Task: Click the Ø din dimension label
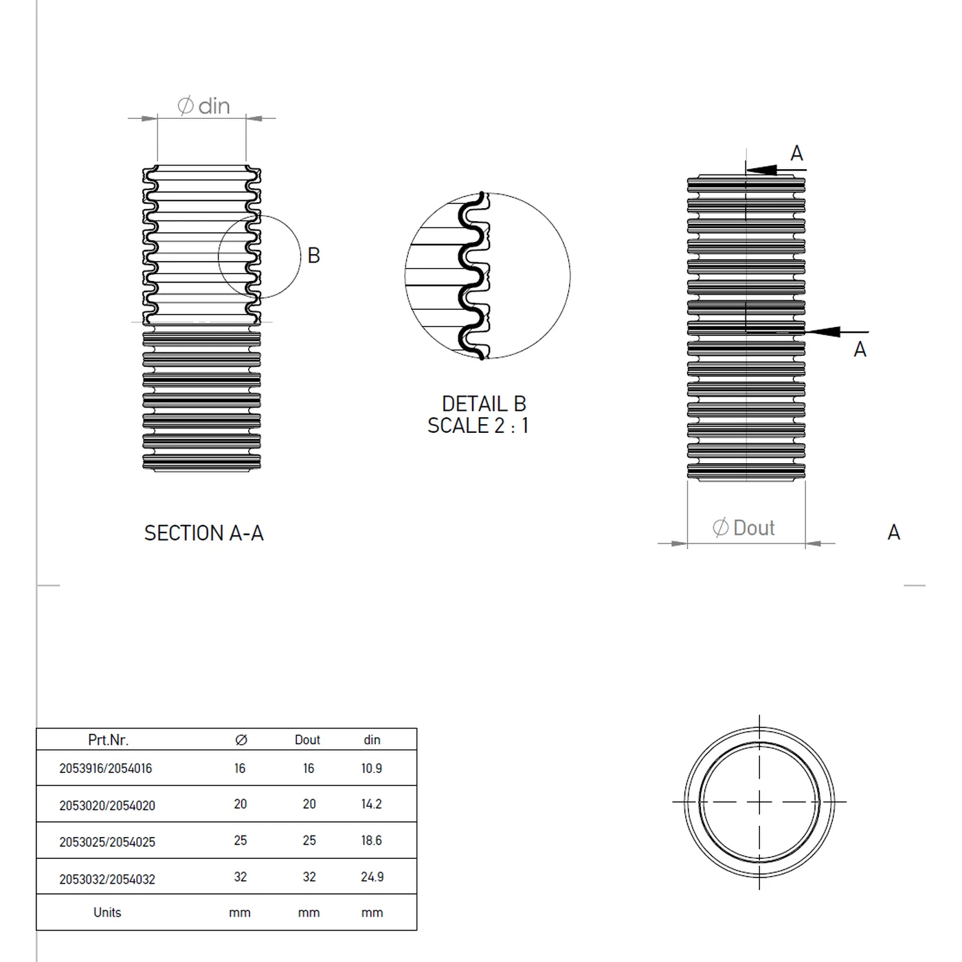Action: [203, 106]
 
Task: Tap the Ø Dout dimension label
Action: [743, 528]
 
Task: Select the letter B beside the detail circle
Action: [313, 256]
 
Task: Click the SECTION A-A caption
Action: [203, 533]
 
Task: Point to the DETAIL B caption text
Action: [484, 403]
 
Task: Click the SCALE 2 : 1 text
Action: [478, 426]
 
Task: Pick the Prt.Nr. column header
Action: [108, 740]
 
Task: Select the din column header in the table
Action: [372, 740]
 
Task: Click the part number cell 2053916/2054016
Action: [105, 768]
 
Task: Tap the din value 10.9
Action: [372, 768]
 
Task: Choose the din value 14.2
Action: [372, 804]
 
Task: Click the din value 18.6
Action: [372, 840]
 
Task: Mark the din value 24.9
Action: [372, 877]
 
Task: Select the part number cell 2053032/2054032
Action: [107, 879]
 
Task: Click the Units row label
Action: [107, 913]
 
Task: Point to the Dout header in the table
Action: [307, 740]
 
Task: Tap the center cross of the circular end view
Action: [759, 802]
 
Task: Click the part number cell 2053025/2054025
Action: [107, 842]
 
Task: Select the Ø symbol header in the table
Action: [240, 740]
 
